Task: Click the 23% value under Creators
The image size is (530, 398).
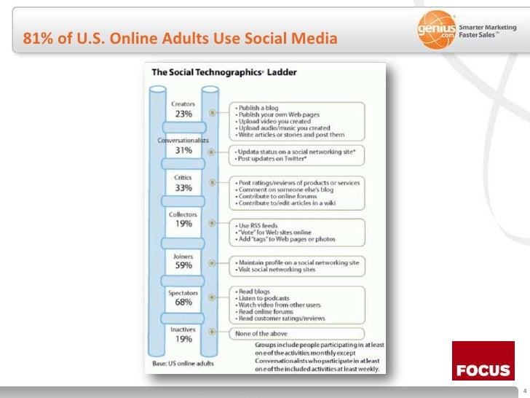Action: pyautogui.click(x=183, y=114)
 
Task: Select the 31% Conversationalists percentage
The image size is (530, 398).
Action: pyautogui.click(x=183, y=150)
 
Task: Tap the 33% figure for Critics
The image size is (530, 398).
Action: pyautogui.click(x=183, y=187)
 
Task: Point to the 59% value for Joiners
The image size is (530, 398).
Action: pyautogui.click(x=183, y=265)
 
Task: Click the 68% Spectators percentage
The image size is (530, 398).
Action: pyautogui.click(x=183, y=302)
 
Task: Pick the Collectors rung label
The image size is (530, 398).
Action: pyautogui.click(x=183, y=214)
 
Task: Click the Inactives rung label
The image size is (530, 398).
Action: pyautogui.click(x=183, y=329)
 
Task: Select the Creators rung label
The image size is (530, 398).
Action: pyautogui.click(x=183, y=104)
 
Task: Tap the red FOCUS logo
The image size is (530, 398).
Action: pyautogui.click(x=483, y=361)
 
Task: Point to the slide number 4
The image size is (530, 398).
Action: pyautogui.click(x=523, y=378)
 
